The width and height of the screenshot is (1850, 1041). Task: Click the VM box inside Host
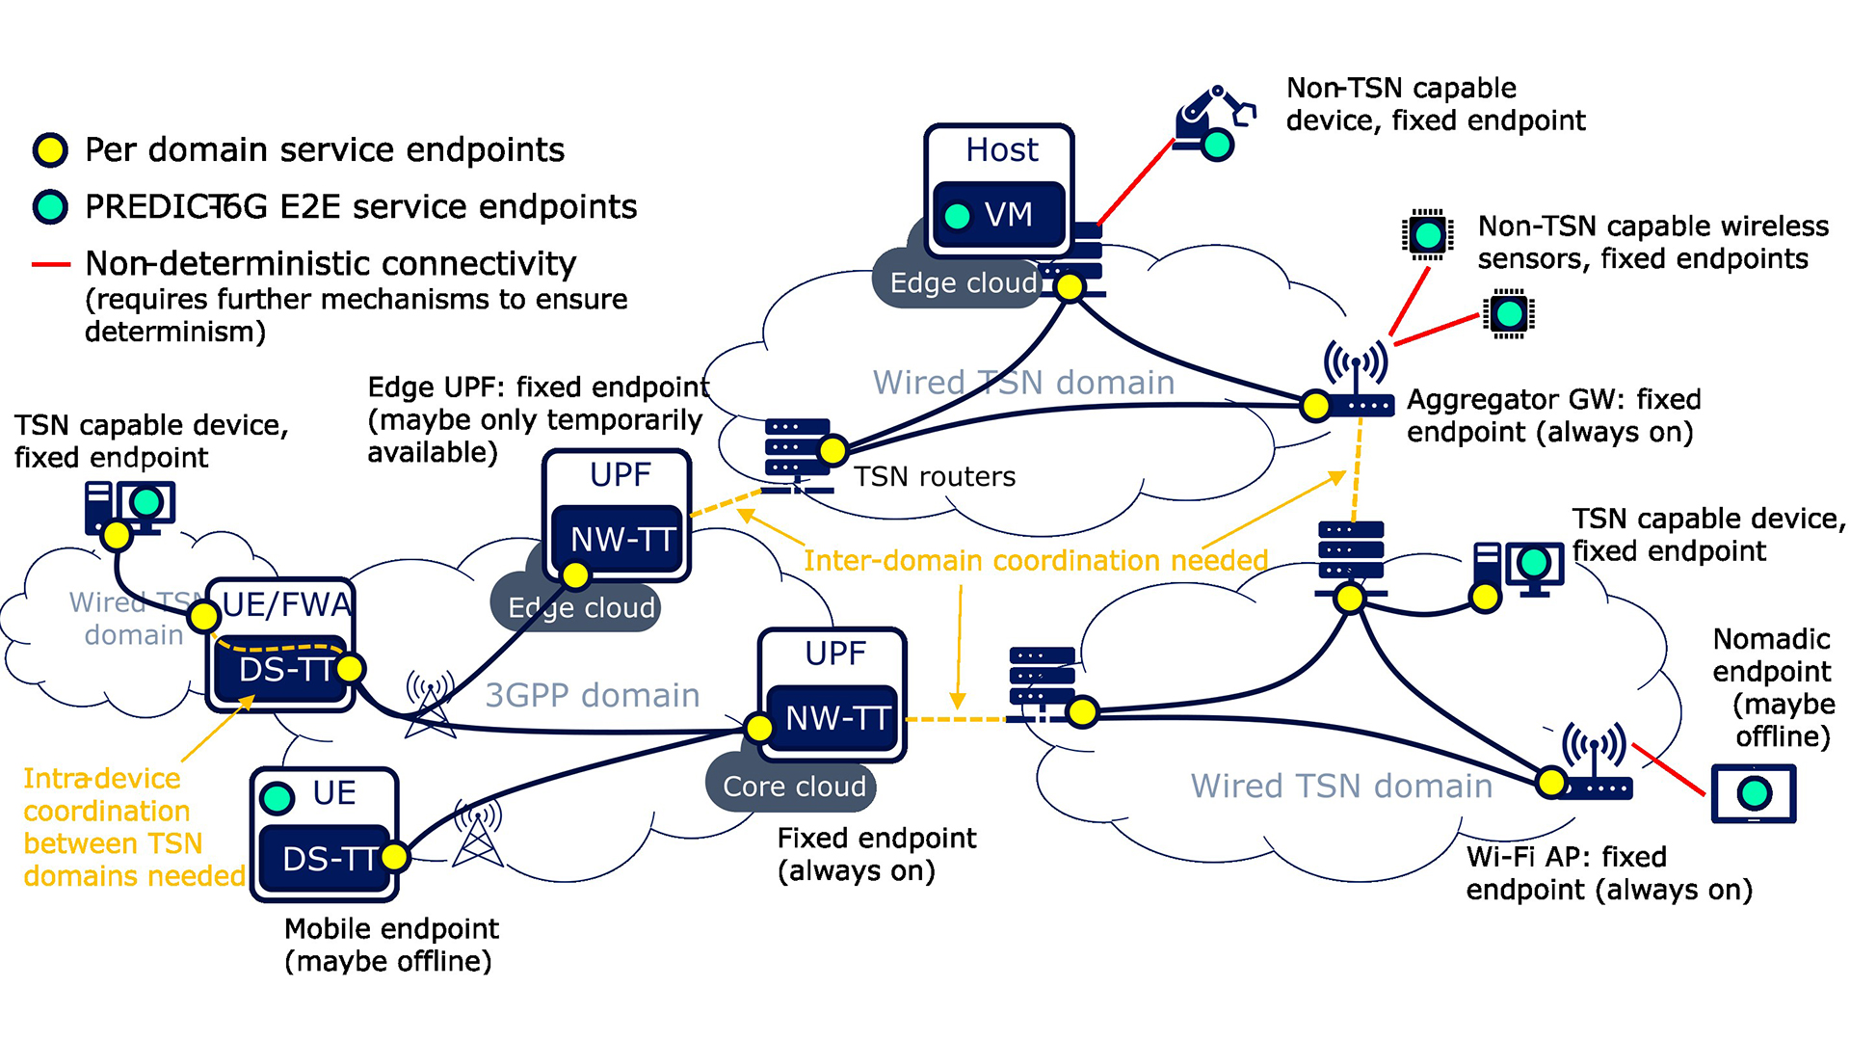click(999, 215)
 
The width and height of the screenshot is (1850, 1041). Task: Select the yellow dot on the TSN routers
click(832, 450)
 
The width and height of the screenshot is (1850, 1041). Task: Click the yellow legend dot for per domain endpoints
click(50, 150)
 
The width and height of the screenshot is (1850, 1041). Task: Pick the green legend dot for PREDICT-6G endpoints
click(50, 206)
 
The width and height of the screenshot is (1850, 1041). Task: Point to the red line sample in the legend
click(51, 264)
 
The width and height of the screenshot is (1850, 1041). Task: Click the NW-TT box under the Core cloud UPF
click(833, 718)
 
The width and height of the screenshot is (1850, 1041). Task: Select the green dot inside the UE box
click(277, 797)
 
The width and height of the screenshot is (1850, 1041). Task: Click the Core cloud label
click(793, 787)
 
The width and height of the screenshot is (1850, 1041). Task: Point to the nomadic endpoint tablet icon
click(1753, 793)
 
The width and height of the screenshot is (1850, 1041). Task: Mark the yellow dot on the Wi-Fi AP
click(1551, 782)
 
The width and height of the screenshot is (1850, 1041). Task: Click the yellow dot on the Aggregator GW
click(1315, 406)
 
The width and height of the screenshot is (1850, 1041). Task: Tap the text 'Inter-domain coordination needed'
click(1035, 560)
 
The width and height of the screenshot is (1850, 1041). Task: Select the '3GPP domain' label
click(592, 695)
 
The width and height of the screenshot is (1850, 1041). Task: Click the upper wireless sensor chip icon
click(1427, 234)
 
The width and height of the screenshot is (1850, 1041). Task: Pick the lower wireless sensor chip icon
click(1509, 313)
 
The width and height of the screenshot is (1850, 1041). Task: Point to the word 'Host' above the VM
click(1002, 150)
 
